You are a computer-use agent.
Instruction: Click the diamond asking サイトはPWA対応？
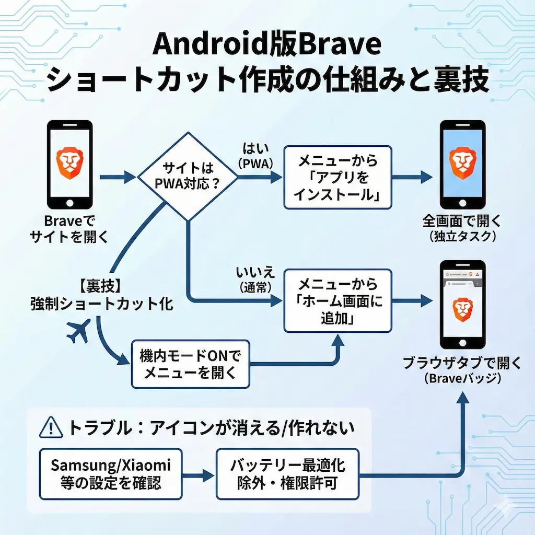pyautogui.click(x=186, y=177)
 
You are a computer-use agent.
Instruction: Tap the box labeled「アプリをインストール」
pyautogui.click(x=337, y=177)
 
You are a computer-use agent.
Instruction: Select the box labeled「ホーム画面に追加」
pyautogui.click(x=337, y=301)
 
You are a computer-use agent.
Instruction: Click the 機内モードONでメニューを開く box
pyautogui.click(x=190, y=364)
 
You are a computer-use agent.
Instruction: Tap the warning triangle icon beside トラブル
pyautogui.click(x=51, y=429)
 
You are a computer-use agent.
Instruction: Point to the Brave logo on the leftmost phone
pyautogui.click(x=69, y=161)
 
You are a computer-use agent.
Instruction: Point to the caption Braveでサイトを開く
pyautogui.click(x=69, y=228)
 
